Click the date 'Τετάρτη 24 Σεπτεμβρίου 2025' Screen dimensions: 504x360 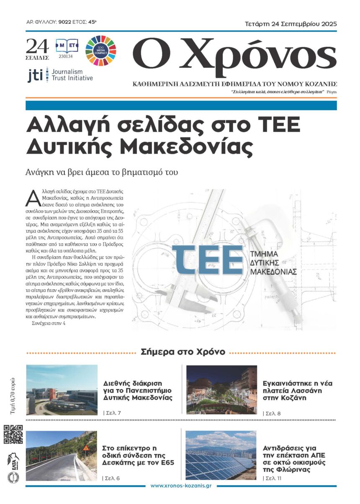coord(291,23)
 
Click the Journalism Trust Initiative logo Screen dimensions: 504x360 coord(60,75)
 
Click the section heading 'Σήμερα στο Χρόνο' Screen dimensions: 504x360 coord(183,352)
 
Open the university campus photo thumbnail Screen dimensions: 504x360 coord(62,389)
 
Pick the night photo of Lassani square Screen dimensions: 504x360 coord(221,389)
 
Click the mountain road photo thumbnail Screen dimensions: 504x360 coord(62,455)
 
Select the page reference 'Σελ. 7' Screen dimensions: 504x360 coord(112,413)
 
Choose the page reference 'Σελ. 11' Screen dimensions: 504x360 coord(273,478)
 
